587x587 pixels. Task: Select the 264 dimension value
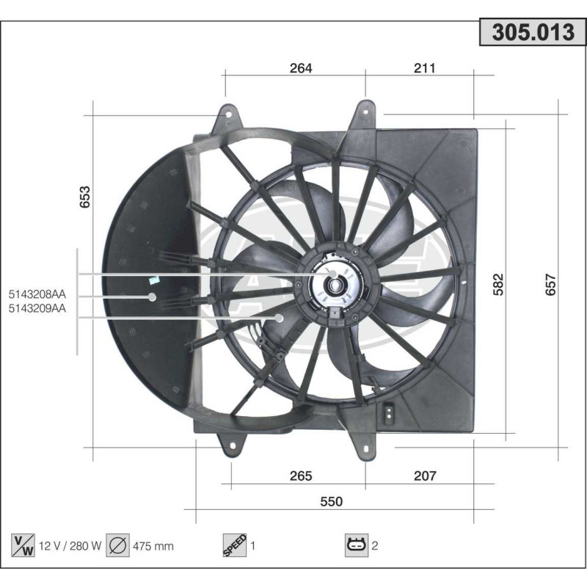pyautogui.click(x=301, y=68)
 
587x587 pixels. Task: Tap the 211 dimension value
pyautogui.click(x=425, y=68)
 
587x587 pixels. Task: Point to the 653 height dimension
pyautogui.click(x=85, y=197)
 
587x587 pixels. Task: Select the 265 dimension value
pyautogui.click(x=301, y=476)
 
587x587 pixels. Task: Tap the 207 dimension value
pyautogui.click(x=425, y=476)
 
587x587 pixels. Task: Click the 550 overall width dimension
pyautogui.click(x=332, y=501)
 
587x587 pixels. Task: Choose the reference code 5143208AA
pyautogui.click(x=37, y=295)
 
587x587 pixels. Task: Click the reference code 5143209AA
pyautogui.click(x=37, y=309)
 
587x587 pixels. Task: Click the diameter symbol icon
pyautogui.click(x=117, y=545)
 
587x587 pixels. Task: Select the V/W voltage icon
pyautogui.click(x=22, y=545)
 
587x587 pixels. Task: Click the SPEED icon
pyautogui.click(x=234, y=545)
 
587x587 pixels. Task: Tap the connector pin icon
pyautogui.click(x=357, y=545)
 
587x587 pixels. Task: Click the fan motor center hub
pyautogui.click(x=335, y=286)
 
